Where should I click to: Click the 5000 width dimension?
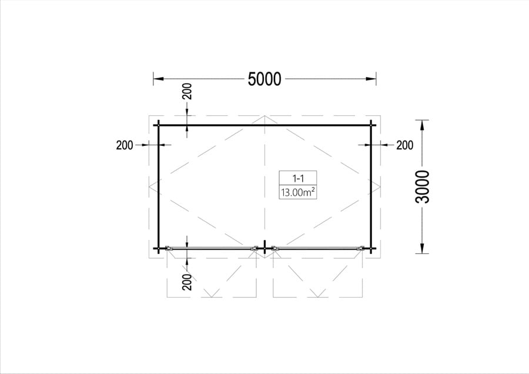point(264,79)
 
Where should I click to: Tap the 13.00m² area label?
point(298,192)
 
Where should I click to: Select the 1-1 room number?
point(297,178)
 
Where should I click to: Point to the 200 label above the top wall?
point(187,91)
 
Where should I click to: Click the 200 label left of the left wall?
point(125,145)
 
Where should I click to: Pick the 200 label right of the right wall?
point(404,145)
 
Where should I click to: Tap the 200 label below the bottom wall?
point(187,282)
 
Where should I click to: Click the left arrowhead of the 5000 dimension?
point(159,79)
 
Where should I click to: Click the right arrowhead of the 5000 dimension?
point(371,79)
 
